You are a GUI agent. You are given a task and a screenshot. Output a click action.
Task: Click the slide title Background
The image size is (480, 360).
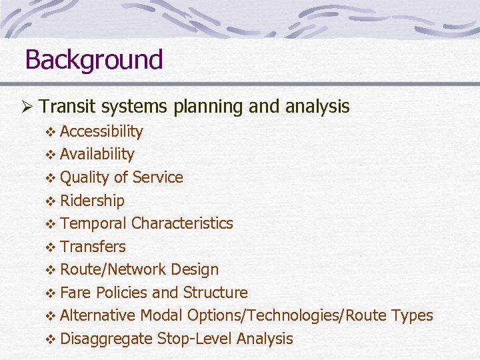93,60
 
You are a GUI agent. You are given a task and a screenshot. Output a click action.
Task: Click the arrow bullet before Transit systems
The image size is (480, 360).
28,107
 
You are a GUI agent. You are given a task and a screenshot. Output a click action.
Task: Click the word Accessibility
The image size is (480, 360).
101,131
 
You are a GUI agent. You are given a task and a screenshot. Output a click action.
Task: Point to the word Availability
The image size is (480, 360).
97,154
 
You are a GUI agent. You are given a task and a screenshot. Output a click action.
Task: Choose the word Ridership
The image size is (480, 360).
92,201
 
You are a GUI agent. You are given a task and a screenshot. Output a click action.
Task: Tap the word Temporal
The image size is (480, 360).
93,223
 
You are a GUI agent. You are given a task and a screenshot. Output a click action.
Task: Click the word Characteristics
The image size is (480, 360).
182,223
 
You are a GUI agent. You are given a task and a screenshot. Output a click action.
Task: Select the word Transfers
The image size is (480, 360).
93,247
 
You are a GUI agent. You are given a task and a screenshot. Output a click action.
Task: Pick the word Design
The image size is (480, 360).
195,270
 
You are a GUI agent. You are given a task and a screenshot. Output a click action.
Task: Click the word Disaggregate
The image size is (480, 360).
106,339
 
